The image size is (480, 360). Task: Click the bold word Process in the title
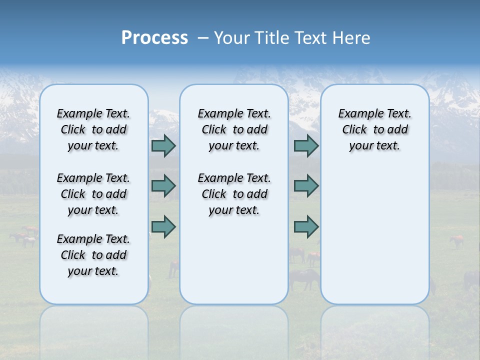point(154,38)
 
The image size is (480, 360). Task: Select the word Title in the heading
point(272,38)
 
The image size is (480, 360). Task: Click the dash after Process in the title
point(203,38)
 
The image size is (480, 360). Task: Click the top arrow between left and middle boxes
point(163,145)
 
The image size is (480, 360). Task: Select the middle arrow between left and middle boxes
point(163,186)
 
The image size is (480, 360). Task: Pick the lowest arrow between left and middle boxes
point(163,226)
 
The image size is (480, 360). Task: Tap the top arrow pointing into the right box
point(306,145)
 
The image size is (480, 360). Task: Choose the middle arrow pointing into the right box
point(306,186)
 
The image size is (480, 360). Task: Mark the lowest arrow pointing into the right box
point(306,226)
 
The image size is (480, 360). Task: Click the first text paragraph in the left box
point(93,129)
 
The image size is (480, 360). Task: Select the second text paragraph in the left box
point(93,194)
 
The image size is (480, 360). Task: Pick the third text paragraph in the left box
point(93,255)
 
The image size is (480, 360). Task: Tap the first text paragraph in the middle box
point(234,129)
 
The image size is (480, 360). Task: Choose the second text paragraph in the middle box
point(234,194)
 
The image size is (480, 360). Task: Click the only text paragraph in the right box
point(375,129)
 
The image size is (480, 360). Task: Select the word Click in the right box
point(354,130)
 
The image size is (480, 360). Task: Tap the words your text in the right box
point(375,146)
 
